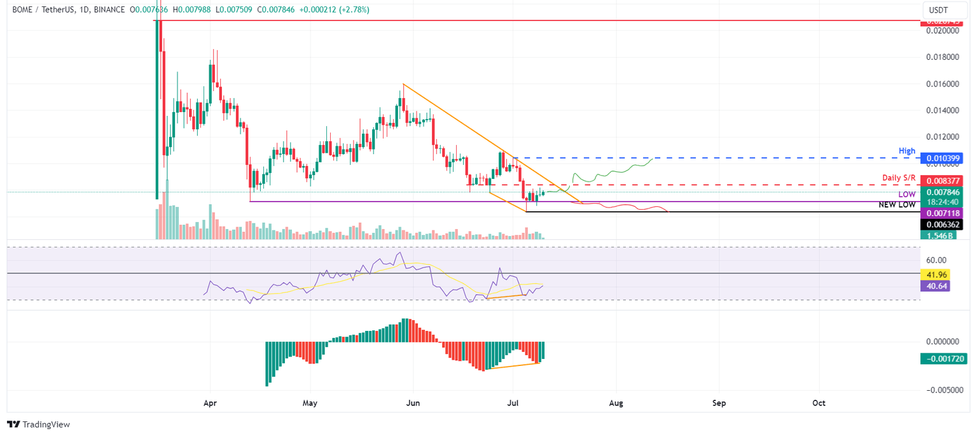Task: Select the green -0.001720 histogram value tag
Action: pos(944,359)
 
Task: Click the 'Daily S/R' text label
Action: pos(899,176)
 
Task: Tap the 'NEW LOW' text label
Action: pos(897,205)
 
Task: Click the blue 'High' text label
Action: pos(907,151)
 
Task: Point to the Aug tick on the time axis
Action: pos(616,403)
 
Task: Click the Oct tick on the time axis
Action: pos(819,403)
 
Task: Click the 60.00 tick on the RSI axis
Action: pos(936,260)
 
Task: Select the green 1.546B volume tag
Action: pos(939,236)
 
